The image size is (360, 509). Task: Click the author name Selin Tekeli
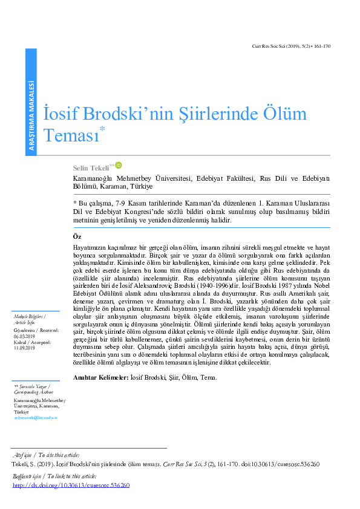[90, 167]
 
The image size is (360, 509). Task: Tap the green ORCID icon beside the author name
[119, 165]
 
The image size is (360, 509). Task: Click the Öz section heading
[76, 236]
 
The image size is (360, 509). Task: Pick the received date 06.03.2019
[23, 336]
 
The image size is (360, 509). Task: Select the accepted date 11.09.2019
[23, 348]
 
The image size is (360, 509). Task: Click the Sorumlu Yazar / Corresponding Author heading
[34, 389]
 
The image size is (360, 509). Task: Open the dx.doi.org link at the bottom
[71, 485]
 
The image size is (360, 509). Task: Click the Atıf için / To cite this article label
[46, 455]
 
